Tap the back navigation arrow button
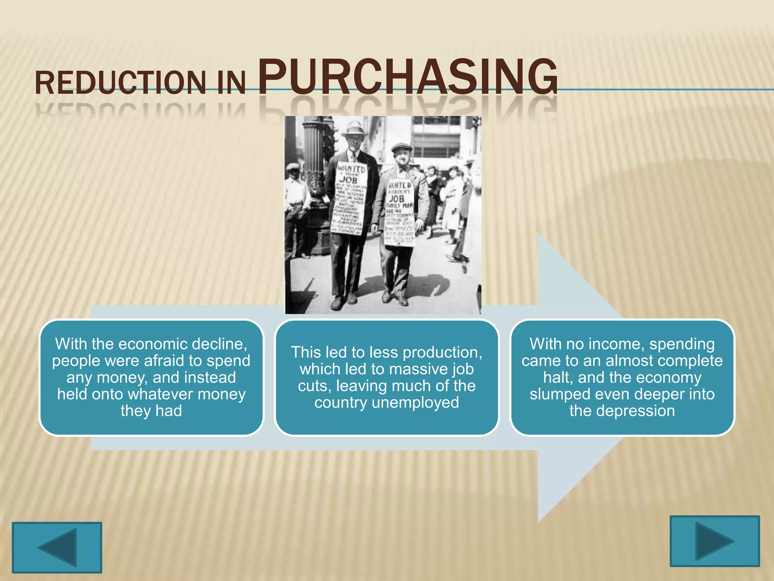[x=57, y=547]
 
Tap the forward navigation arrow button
[x=714, y=541]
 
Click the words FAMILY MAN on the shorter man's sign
[x=399, y=205]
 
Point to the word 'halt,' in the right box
[x=557, y=377]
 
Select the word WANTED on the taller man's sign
[x=351, y=168]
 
